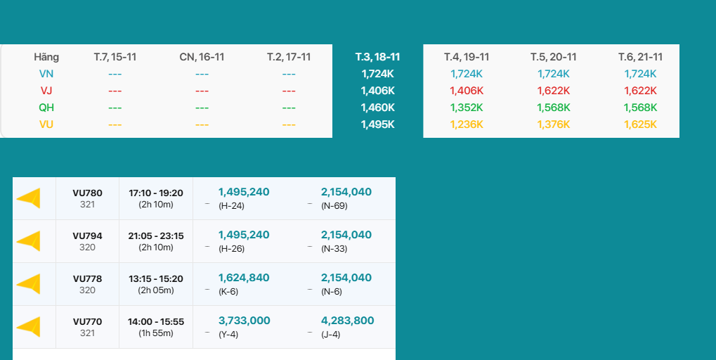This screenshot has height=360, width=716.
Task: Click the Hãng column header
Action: pyautogui.click(x=46, y=57)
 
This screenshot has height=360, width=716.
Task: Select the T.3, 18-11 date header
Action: pyautogui.click(x=377, y=57)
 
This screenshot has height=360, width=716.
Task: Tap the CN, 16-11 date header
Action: pyautogui.click(x=202, y=57)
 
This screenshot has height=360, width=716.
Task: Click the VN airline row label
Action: pyautogui.click(x=46, y=73)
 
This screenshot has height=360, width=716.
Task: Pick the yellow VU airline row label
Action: pyautogui.click(x=46, y=124)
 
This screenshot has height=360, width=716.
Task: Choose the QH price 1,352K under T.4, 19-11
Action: pyautogui.click(x=467, y=107)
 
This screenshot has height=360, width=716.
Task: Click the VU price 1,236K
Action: pyautogui.click(x=467, y=124)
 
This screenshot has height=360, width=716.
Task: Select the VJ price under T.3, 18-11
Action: pyautogui.click(x=377, y=90)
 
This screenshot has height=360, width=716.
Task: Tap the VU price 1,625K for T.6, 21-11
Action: pyautogui.click(x=640, y=124)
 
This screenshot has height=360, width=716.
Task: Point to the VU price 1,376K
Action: pyautogui.click(x=554, y=124)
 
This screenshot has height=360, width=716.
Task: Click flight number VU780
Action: pyautogui.click(x=87, y=193)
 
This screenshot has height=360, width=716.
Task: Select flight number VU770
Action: pyautogui.click(x=87, y=321)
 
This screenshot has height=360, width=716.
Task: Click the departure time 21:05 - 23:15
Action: pyautogui.click(x=156, y=236)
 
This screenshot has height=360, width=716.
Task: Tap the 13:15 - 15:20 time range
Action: pyautogui.click(x=156, y=278)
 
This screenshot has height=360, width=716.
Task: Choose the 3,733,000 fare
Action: pyautogui.click(x=244, y=321)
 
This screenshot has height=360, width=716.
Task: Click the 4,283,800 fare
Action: pyautogui.click(x=347, y=321)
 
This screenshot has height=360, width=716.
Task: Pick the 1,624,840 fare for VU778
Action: pyautogui.click(x=244, y=278)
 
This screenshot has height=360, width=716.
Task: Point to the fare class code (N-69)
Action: pyautogui.click(x=334, y=205)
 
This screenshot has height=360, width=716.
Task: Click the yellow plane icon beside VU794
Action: pyautogui.click(x=29, y=241)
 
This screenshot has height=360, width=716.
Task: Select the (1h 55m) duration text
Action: pyautogui.click(x=156, y=333)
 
